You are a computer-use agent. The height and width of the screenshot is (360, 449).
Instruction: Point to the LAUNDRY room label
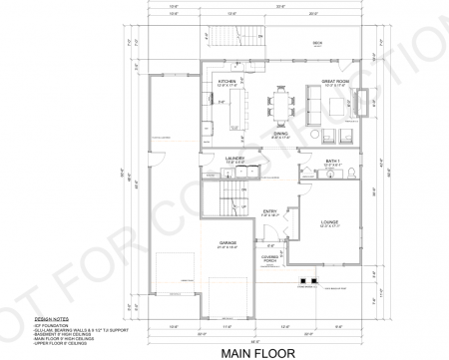pos(235,158)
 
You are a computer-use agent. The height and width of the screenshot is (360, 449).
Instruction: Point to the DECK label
pos(318,43)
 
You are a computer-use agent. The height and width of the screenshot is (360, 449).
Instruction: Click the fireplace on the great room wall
pos(374,98)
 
